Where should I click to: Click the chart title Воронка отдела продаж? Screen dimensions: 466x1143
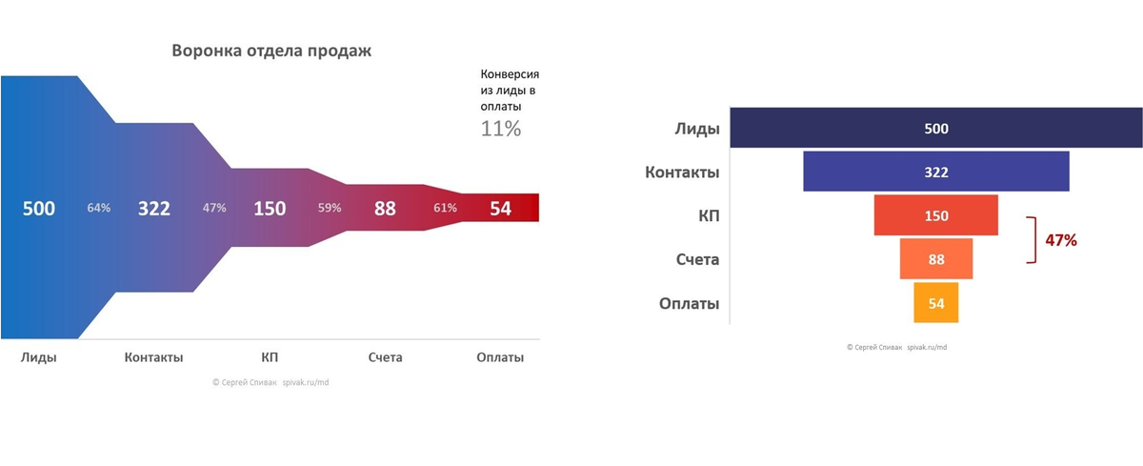pos(271,51)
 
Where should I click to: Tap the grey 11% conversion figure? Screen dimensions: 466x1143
pos(500,129)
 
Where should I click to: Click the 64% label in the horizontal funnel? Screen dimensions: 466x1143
pos(99,208)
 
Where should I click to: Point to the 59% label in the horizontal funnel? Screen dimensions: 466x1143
pos(330,208)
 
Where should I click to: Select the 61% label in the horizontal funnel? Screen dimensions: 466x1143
pos(445,208)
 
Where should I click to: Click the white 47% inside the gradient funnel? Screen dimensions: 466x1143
pos(214,208)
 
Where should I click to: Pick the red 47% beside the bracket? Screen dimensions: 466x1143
pos(1061,241)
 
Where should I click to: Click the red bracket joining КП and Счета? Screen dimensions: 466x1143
pos(1031,239)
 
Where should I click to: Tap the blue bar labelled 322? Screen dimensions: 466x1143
pos(936,172)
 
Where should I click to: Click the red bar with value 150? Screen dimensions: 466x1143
pos(936,215)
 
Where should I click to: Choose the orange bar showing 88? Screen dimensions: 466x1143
pos(936,259)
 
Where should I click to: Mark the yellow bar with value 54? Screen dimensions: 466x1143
pos(936,303)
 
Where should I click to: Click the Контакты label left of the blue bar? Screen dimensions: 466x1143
pos(682,172)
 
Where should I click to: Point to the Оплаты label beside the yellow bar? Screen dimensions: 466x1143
pos(689,304)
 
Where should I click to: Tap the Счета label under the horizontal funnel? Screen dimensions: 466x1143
pos(385,357)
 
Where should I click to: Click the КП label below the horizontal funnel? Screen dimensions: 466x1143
pos(270,357)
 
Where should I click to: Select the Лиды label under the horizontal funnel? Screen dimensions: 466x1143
pos(39,357)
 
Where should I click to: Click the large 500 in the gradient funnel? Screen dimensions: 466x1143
pos(39,209)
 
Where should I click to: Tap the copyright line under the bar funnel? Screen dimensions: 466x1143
pos(896,348)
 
